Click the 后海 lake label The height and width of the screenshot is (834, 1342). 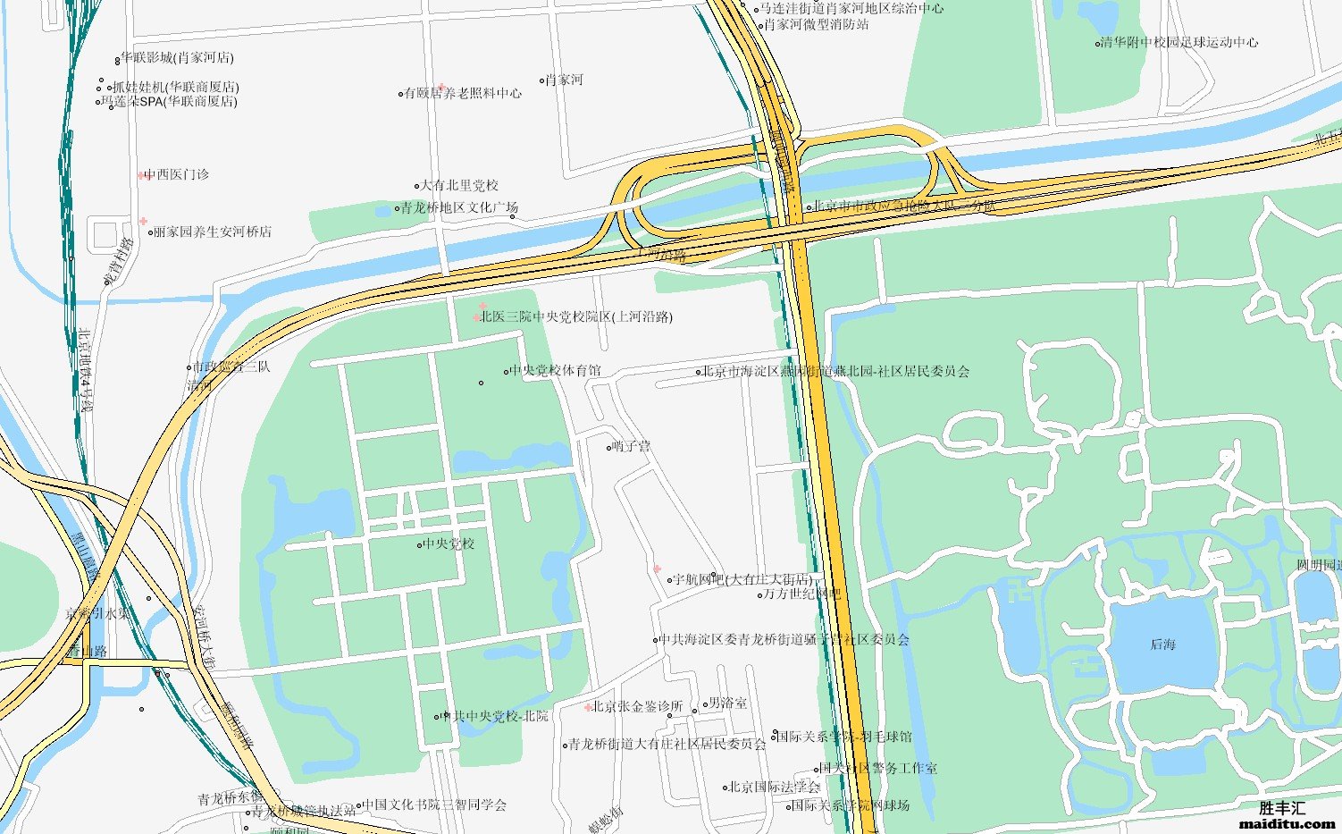tap(1162, 644)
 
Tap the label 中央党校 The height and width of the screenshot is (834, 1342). tap(449, 543)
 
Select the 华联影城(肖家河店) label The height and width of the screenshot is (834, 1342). tap(177, 58)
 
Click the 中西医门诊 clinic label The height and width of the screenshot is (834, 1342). tap(176, 174)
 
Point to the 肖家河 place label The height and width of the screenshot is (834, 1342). tap(564, 80)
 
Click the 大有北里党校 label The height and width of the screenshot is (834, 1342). tap(459, 186)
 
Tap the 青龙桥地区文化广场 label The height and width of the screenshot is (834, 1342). tap(458, 207)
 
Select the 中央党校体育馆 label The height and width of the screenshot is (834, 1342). tap(555, 370)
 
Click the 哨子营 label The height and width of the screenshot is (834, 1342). tap(633, 446)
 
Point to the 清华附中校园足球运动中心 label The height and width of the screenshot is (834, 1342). tap(1179, 42)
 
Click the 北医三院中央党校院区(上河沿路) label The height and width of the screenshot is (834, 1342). tap(576, 316)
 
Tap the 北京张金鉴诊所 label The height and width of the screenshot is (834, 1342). tap(637, 706)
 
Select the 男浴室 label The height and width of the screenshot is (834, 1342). tap(727, 703)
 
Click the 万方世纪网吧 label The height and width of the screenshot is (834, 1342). tap(801, 594)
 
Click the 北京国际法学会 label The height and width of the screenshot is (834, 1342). tap(775, 788)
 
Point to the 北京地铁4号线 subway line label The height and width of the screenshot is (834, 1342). tap(86, 371)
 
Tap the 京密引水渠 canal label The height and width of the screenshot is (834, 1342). tap(98, 614)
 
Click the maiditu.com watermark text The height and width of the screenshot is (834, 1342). tap(1287, 823)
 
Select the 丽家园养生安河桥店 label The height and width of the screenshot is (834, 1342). tap(213, 232)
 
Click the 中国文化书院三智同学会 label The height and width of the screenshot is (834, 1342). tap(435, 805)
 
